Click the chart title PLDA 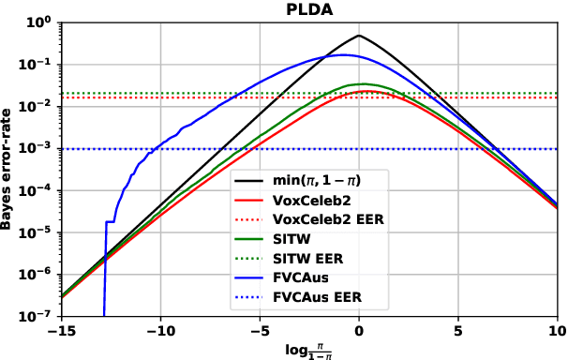308,8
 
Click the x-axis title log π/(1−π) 308,349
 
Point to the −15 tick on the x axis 61,330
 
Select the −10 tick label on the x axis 160,330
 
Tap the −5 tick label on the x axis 260,330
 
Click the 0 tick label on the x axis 359,330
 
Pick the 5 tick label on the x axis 457,330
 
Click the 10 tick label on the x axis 556,330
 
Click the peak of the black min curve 359,36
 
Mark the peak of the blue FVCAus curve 343,54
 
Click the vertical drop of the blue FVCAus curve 104,272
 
